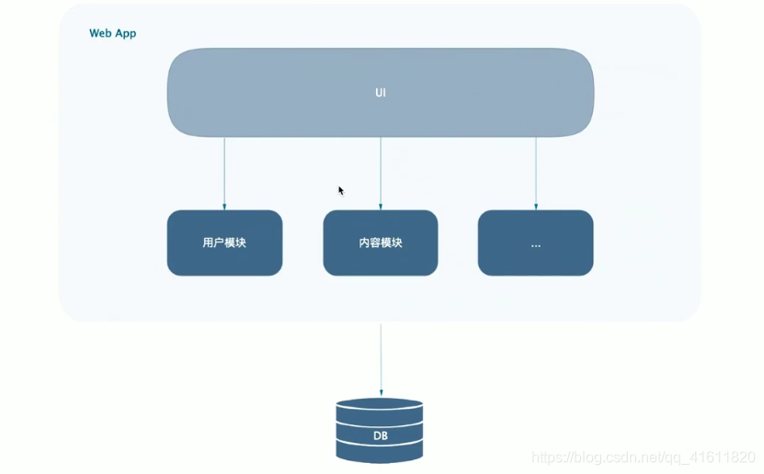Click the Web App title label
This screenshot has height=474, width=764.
click(x=112, y=33)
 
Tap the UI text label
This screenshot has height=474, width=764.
click(x=381, y=94)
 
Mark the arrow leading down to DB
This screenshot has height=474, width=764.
click(x=381, y=358)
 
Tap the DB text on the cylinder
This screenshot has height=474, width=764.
click(x=381, y=434)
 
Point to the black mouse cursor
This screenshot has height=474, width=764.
click(x=340, y=190)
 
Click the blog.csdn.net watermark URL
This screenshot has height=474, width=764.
click(x=644, y=457)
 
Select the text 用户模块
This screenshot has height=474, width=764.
click(x=224, y=243)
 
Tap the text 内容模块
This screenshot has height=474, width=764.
click(x=381, y=243)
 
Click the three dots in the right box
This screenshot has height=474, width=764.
click(x=535, y=245)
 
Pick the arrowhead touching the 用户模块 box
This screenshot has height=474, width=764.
click(x=224, y=207)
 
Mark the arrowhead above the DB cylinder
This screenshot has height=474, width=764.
click(x=381, y=392)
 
